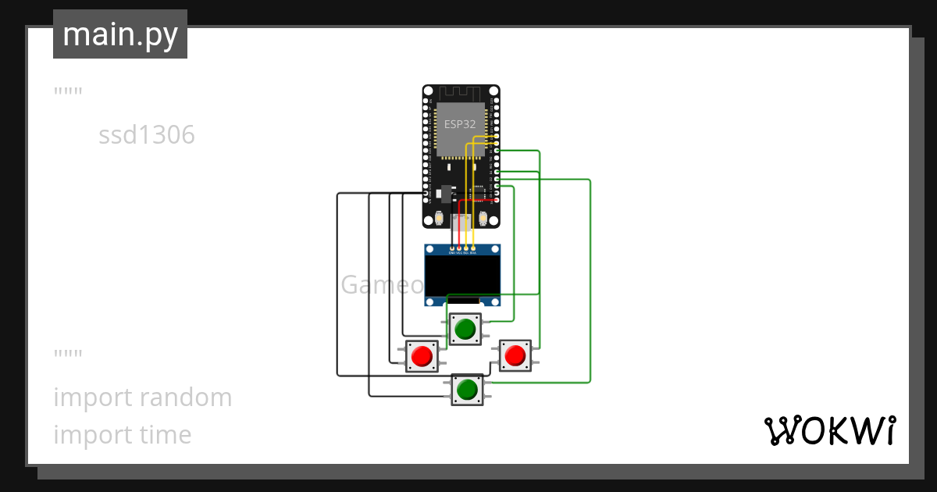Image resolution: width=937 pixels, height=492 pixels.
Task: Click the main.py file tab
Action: (120, 34)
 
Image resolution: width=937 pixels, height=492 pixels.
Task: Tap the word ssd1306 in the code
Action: (146, 136)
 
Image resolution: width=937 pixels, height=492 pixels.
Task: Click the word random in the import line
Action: (185, 398)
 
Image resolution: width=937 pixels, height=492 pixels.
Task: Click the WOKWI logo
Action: (829, 430)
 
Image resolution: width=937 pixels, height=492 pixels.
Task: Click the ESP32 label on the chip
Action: (460, 124)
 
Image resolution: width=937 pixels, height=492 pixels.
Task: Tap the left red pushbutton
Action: (422, 356)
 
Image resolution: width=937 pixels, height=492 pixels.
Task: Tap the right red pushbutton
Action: (515, 356)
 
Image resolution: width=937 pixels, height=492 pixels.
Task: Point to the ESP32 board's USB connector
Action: (461, 221)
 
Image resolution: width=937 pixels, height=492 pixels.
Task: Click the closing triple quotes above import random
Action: (68, 356)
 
